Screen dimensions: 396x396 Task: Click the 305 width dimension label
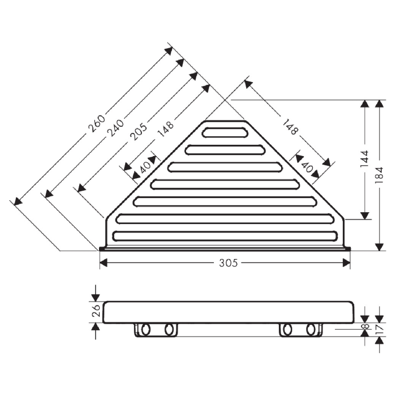tap(229, 263)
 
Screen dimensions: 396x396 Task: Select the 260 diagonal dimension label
tap(97, 124)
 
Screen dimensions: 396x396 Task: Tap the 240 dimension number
tap(116, 128)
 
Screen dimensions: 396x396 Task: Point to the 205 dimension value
tap(139, 132)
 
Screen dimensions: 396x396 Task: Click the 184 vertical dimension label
tap(380, 175)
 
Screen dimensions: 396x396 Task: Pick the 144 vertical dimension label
tap(364, 159)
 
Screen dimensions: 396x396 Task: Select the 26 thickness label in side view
tap(96, 311)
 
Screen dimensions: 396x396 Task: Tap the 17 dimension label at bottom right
tap(380, 329)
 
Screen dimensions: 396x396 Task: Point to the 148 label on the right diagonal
tap(290, 127)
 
